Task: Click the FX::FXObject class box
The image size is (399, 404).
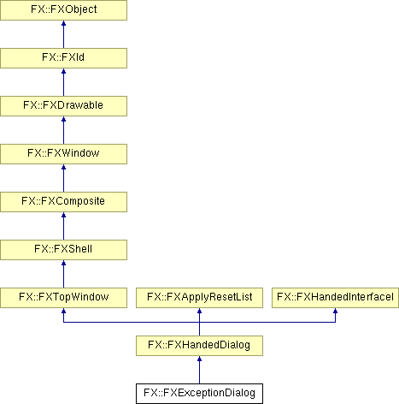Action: pyautogui.click(x=63, y=10)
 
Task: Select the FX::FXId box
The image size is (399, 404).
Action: pyautogui.click(x=63, y=58)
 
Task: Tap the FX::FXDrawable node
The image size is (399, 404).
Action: pyautogui.click(x=63, y=106)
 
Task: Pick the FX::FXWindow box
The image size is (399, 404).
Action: pyautogui.click(x=63, y=154)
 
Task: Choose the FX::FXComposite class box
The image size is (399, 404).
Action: pyautogui.click(x=63, y=202)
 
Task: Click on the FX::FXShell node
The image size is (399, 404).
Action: pyautogui.click(x=63, y=250)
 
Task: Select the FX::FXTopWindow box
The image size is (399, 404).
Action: pyautogui.click(x=63, y=298)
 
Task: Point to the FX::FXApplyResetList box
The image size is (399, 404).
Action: pyautogui.click(x=199, y=298)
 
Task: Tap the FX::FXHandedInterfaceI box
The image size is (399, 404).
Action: pyautogui.click(x=335, y=298)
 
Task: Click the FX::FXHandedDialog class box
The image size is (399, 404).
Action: pyautogui.click(x=199, y=346)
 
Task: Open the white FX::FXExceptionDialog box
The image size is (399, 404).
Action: pyautogui.click(x=199, y=394)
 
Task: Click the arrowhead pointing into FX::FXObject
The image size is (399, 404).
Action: pyautogui.click(x=63, y=23)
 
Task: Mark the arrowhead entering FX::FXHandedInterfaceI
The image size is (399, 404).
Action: pyautogui.click(x=335, y=311)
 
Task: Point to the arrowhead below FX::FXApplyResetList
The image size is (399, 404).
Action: pyautogui.click(x=199, y=311)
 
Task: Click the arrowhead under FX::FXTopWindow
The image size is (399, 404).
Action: pyautogui.click(x=63, y=311)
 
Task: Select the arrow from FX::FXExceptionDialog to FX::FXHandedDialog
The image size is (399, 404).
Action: pyautogui.click(x=199, y=370)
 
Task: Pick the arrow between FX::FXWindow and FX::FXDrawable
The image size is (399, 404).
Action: pyautogui.click(x=63, y=130)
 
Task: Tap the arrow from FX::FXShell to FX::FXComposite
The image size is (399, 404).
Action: pyautogui.click(x=63, y=226)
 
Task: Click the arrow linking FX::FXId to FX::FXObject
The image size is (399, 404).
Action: pyautogui.click(x=63, y=34)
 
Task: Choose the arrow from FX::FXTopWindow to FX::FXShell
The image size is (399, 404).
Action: pyautogui.click(x=63, y=274)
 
